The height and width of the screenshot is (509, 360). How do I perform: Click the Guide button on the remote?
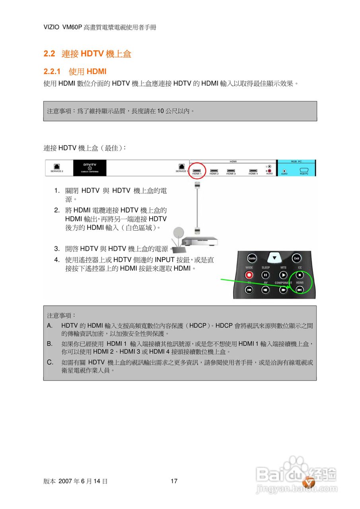click(x=252, y=258)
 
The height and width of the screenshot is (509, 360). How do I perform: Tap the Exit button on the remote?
click(x=296, y=258)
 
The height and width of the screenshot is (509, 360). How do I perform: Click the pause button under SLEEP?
click(x=265, y=275)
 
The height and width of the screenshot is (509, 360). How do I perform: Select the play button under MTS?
click(x=283, y=275)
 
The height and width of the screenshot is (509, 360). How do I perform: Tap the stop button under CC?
click(x=300, y=275)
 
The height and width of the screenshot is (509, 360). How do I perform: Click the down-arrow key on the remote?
click(x=274, y=258)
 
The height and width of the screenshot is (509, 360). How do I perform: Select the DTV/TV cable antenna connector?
click(x=90, y=168)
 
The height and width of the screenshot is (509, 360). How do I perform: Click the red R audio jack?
click(x=269, y=171)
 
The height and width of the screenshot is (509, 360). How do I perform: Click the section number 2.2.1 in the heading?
click(x=52, y=72)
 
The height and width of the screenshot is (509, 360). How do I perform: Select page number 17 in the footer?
click(x=174, y=481)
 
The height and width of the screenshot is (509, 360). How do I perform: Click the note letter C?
click(x=50, y=362)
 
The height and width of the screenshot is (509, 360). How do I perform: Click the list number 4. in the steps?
click(x=57, y=260)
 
